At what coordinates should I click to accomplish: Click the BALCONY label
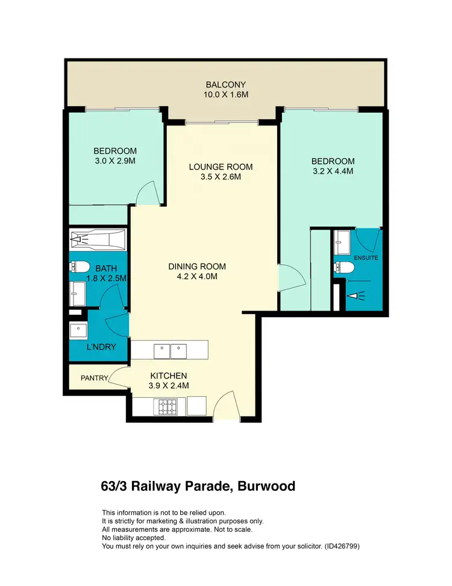coord(226,85)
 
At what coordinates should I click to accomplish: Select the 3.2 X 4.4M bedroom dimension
coord(332,171)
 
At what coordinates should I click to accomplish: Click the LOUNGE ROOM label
coord(221,167)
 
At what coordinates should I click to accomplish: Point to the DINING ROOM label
coord(198,266)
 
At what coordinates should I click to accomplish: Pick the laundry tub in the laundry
coord(79,330)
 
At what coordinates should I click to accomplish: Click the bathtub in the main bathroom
coord(98,240)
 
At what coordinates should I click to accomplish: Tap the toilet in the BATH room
coord(80,266)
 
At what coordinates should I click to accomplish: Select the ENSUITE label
coord(366,257)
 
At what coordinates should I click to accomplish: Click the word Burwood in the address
coord(266,486)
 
